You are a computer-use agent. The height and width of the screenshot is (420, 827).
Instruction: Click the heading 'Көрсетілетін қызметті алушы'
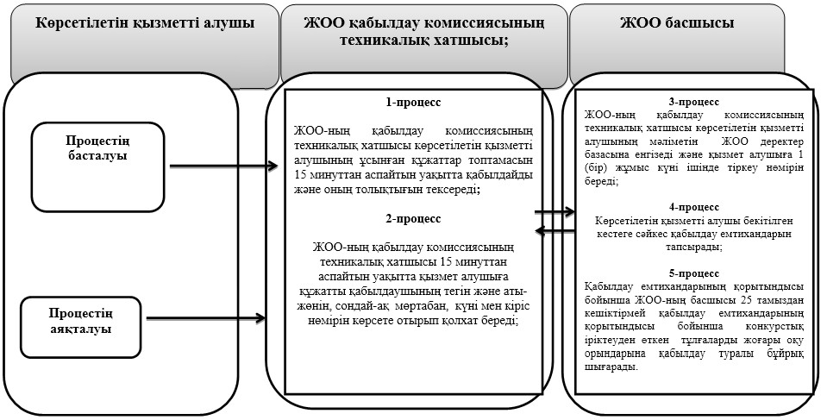coord(145,23)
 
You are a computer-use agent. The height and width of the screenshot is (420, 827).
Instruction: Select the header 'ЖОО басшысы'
coord(677,23)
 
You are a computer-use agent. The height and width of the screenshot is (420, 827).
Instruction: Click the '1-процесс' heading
coord(413,103)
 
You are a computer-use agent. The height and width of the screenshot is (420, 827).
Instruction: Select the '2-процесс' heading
coord(413,218)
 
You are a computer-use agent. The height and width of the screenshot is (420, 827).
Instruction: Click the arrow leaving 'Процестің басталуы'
coord(223,166)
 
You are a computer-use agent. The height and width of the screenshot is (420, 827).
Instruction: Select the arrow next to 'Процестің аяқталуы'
coord(205,317)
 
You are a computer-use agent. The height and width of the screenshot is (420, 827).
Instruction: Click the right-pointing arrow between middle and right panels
coord(554,212)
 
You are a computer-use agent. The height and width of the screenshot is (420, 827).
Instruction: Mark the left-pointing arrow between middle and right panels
coord(554,230)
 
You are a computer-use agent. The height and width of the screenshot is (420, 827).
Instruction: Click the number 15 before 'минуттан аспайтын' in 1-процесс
coord(300,175)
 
